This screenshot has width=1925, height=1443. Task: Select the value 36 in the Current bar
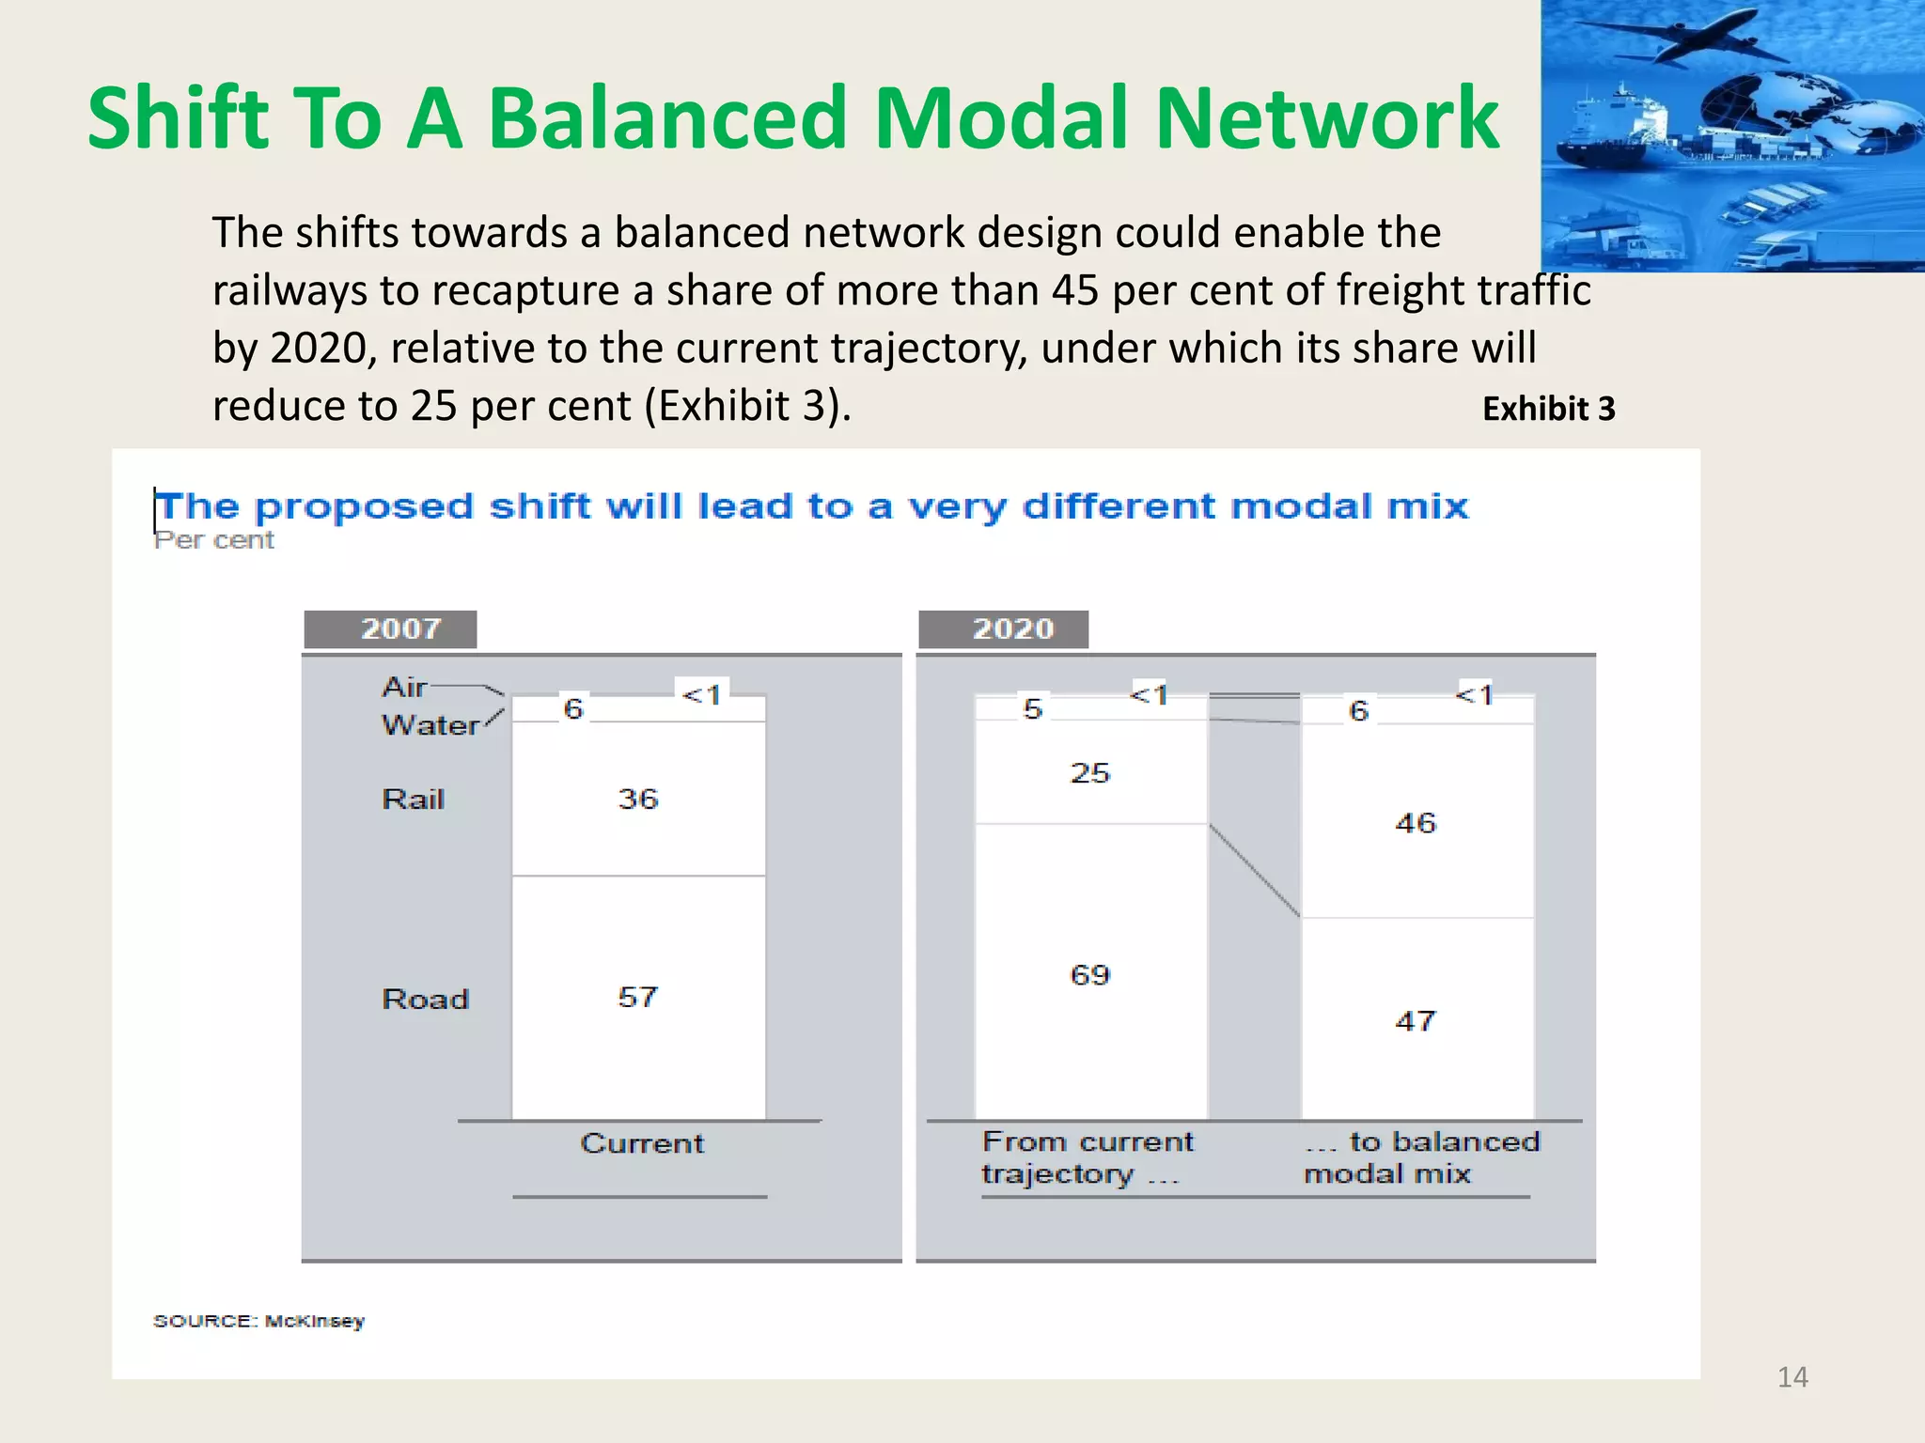point(638,799)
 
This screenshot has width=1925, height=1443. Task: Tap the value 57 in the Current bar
point(638,997)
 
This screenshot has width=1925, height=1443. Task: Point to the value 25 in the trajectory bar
point(1090,773)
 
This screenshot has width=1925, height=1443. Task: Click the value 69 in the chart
point(1090,975)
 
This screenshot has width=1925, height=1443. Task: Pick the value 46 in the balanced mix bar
point(1416,824)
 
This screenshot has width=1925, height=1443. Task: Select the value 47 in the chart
point(1416,1021)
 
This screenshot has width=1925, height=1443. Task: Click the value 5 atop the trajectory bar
point(1033,708)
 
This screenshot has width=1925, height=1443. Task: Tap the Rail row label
point(413,799)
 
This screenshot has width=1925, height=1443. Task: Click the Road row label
point(425,999)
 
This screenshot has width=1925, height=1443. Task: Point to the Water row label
point(430,725)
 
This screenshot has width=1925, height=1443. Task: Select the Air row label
point(405,688)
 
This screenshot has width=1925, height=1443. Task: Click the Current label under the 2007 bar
point(642,1143)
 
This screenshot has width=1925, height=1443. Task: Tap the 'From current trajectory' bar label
point(1088,1157)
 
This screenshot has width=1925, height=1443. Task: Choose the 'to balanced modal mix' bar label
point(1421,1157)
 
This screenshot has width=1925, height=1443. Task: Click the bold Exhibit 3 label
point(1548,409)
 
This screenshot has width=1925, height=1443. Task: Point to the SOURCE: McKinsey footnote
point(258,1321)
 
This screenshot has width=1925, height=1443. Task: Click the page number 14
point(1792,1377)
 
